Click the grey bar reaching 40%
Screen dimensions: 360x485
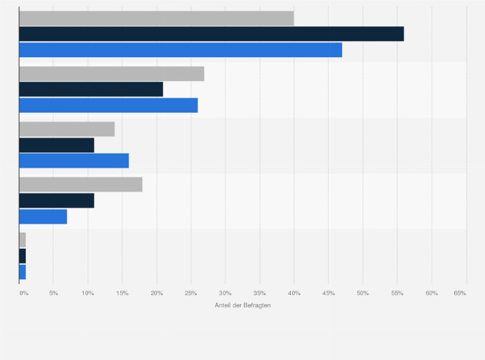click(156, 18)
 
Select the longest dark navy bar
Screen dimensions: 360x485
click(212, 34)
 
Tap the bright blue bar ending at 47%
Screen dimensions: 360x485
click(181, 50)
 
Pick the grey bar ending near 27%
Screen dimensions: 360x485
click(112, 74)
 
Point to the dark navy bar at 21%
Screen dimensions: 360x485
click(91, 89)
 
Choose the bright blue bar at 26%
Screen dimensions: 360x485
click(109, 105)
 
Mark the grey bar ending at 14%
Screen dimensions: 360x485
click(67, 129)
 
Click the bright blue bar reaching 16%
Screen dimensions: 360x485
click(74, 161)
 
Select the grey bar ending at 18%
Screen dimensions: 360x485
click(81, 184)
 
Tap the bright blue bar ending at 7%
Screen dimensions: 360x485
click(43, 217)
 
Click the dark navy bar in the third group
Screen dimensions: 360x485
click(57, 145)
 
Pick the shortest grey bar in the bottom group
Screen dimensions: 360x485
click(23, 240)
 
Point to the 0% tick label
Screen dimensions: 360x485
click(24, 293)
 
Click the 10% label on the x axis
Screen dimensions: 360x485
click(88, 293)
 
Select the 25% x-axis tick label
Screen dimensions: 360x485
click(191, 293)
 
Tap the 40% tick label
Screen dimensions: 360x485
click(294, 293)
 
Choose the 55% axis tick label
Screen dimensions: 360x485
click(398, 293)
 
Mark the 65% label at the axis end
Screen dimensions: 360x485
click(460, 293)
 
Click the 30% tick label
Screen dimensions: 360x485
click(225, 293)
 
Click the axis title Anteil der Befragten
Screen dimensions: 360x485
click(243, 305)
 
